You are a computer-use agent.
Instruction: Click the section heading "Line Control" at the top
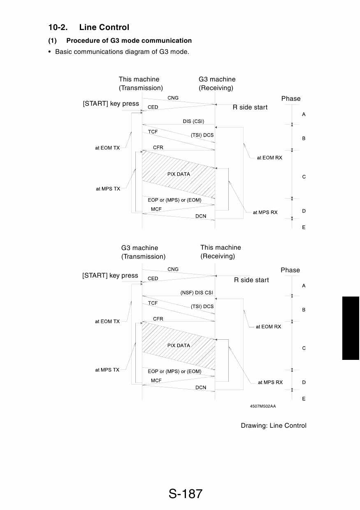tap(104, 27)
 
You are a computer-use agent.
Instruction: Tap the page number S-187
tap(186, 494)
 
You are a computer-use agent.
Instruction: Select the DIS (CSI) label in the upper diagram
tap(193, 121)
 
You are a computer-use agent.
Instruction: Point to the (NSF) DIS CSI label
tap(197, 292)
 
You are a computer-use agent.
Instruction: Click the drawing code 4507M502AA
tap(263, 406)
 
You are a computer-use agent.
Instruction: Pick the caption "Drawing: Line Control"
tap(274, 426)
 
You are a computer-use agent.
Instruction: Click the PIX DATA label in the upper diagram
tap(179, 174)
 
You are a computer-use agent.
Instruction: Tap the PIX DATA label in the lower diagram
tap(179, 345)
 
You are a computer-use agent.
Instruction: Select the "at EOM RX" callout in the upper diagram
tap(269, 158)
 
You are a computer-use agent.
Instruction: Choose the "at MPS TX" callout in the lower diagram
tap(107, 370)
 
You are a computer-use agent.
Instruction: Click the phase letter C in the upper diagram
tap(304, 177)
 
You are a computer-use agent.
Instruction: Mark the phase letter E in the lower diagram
tap(304, 399)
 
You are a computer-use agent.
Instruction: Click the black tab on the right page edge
tap(351, 328)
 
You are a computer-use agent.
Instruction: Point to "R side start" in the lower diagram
tap(251, 280)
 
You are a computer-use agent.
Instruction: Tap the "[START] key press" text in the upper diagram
tap(111, 104)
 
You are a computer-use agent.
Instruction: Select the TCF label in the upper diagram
tap(153, 132)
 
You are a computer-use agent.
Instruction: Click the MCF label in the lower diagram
tap(156, 380)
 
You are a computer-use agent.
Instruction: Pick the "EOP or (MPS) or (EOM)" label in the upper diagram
tap(174, 200)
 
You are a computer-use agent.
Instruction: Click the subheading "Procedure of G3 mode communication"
tap(129, 41)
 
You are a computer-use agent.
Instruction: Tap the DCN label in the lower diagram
tap(201, 387)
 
